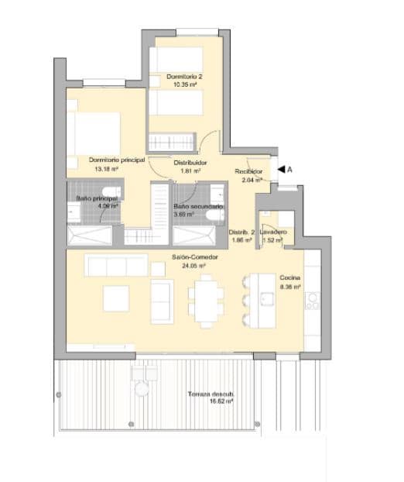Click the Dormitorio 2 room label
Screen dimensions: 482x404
[184, 76]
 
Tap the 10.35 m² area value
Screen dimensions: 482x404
[184, 84]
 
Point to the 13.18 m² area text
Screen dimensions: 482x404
[106, 168]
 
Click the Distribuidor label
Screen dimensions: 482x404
[190, 162]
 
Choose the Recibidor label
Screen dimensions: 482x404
[248, 171]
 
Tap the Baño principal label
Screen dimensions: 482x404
[96, 198]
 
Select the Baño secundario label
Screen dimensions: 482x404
[198, 207]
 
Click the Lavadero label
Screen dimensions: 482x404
[274, 232]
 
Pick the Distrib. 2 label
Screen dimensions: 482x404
[241, 232]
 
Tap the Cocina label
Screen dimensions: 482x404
[290, 277]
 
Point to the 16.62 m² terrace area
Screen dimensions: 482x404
[209, 403]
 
